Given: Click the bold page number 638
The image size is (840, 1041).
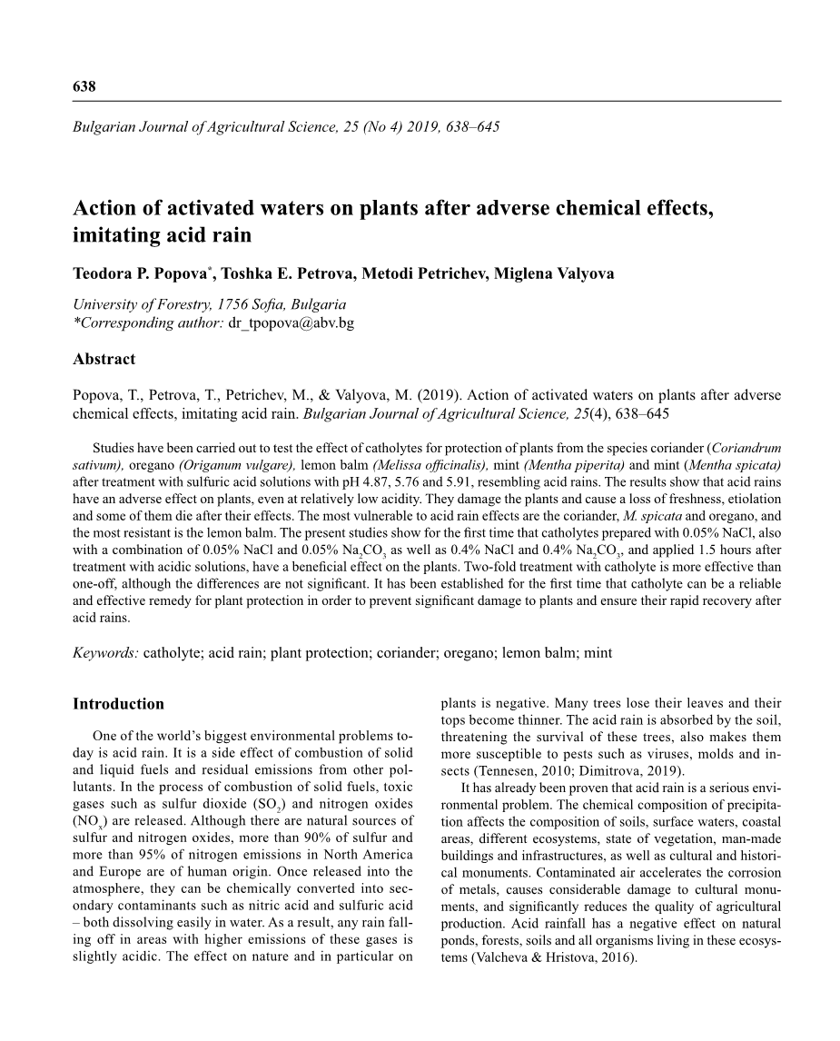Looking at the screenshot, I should pyautogui.click(x=84, y=86).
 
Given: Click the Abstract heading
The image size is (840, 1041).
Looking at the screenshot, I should pyautogui.click(x=104, y=359).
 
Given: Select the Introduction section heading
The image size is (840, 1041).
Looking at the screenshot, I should pyautogui.click(x=118, y=704).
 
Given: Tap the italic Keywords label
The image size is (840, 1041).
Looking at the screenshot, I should pyautogui.click(x=105, y=652).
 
